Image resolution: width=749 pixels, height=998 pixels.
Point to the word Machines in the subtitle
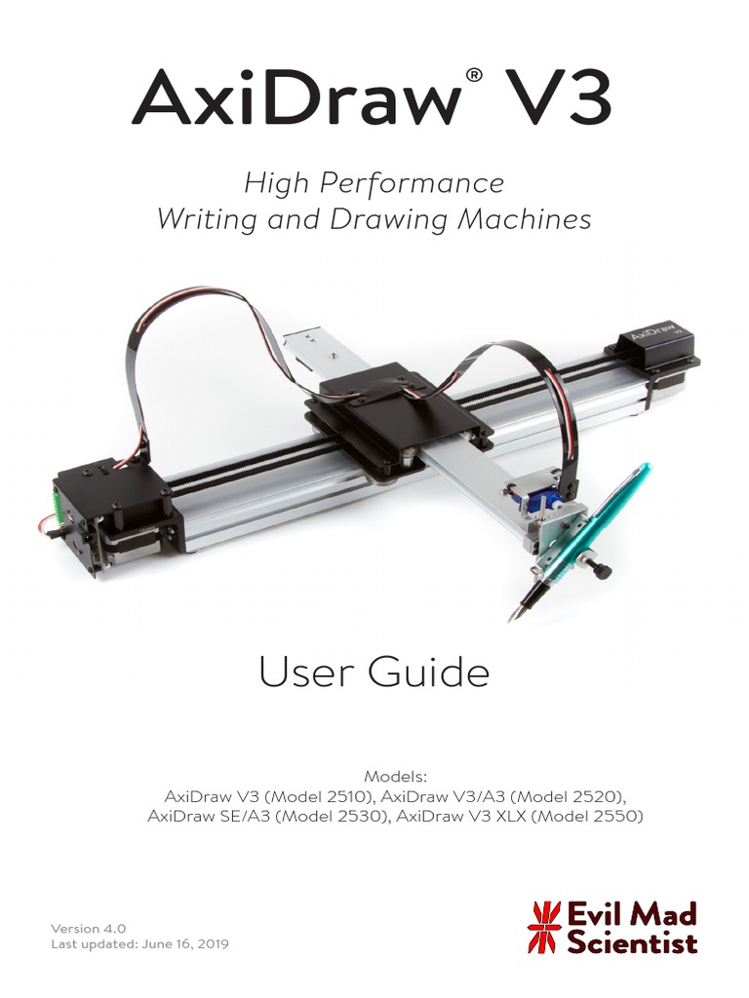tap(530, 219)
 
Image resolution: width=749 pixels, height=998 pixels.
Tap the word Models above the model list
tap(395, 777)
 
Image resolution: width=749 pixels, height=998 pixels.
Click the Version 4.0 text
tap(89, 929)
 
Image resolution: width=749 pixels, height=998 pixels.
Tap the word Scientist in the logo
tap(633, 942)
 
